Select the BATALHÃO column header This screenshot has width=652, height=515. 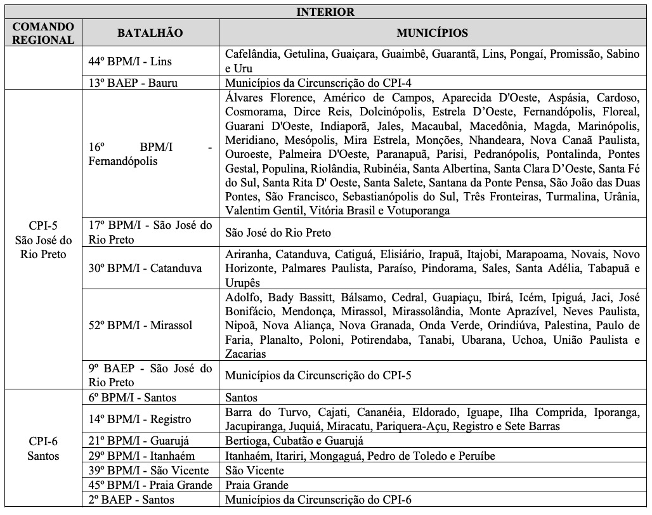(148, 32)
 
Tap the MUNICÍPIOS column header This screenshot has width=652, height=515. (433, 32)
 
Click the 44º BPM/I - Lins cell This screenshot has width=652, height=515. (130, 62)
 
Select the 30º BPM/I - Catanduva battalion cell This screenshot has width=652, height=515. (145, 268)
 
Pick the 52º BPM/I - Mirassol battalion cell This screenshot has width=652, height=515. (141, 325)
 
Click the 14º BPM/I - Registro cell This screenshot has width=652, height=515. (140, 419)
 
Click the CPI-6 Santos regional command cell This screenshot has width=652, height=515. (44, 448)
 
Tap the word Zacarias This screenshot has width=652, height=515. (245, 354)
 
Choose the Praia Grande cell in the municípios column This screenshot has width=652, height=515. (252, 485)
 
